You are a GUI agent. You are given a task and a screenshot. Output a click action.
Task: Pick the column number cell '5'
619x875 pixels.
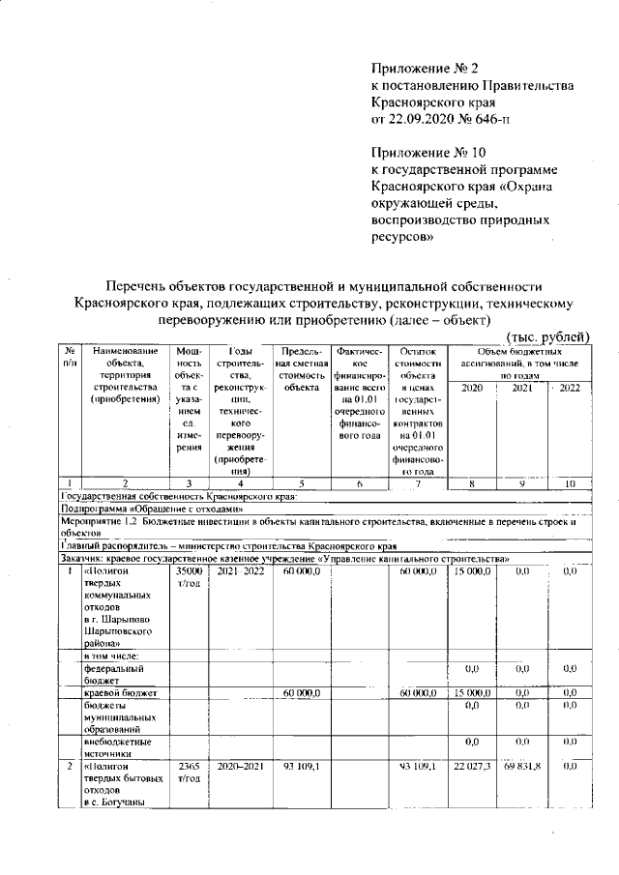tap(301, 482)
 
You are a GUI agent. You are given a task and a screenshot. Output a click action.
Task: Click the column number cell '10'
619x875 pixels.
tap(569, 482)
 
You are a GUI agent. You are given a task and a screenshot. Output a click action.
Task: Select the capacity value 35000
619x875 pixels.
tap(189, 572)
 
